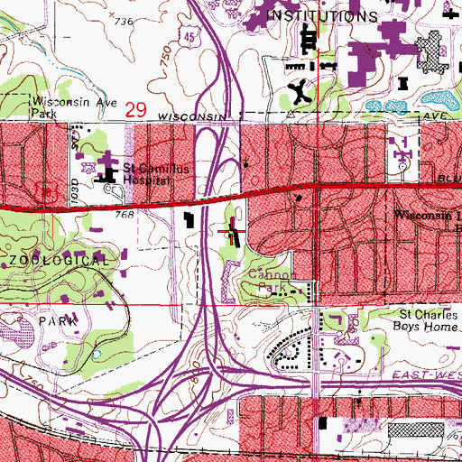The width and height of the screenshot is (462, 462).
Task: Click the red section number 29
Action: (x=136, y=108)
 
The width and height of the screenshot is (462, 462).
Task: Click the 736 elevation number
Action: (x=123, y=21)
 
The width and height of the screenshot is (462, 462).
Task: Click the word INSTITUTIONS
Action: (x=324, y=16)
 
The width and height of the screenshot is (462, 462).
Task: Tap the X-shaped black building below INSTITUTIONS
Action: (x=300, y=90)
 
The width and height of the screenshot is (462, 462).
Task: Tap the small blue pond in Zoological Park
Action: (x=96, y=354)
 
